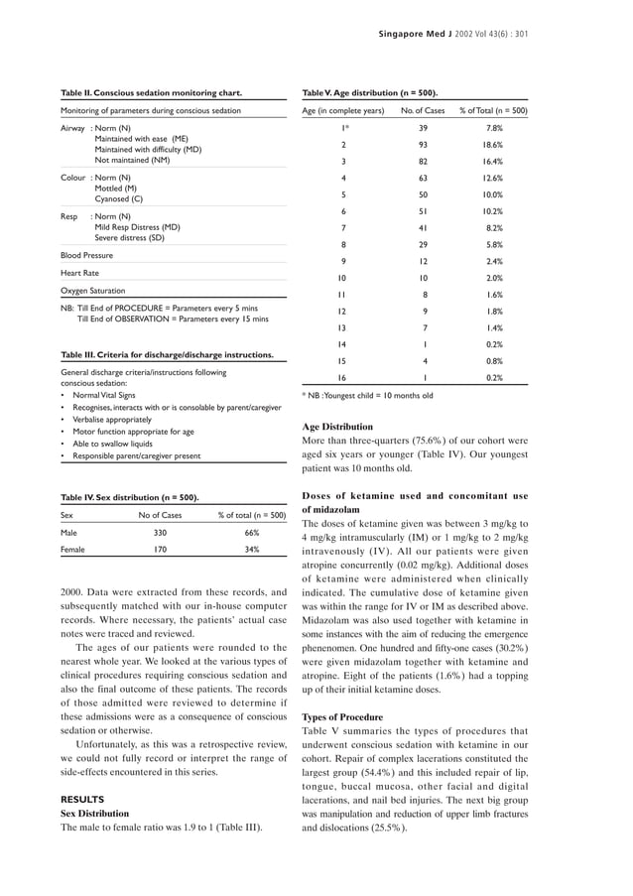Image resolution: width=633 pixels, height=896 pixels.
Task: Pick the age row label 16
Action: pyautogui.click(x=342, y=378)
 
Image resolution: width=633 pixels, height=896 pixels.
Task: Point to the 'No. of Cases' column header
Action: pyautogui.click(x=422, y=110)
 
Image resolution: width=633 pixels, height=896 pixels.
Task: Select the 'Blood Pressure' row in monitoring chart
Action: pyautogui.click(x=87, y=255)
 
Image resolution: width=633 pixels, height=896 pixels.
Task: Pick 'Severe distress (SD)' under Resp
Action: pyautogui.click(x=137, y=238)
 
